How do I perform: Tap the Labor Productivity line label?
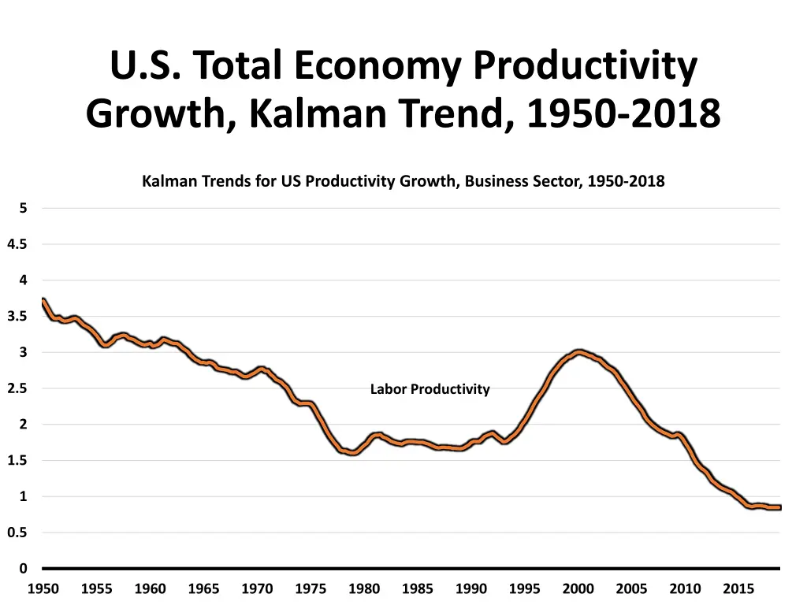pyautogui.click(x=430, y=389)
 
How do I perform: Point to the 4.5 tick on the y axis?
pyautogui.click(x=17, y=244)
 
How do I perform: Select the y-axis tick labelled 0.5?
pyautogui.click(x=17, y=533)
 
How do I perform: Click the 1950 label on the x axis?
pyautogui.click(x=43, y=588)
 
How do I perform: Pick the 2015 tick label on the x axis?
pyautogui.click(x=738, y=588)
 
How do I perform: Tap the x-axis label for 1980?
pyautogui.click(x=364, y=588)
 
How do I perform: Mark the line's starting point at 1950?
pyautogui.click(x=43, y=300)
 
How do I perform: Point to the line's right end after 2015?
pyautogui.click(x=779, y=508)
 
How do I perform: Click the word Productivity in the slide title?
pyautogui.click(x=586, y=67)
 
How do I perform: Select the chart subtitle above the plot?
pyautogui.click(x=403, y=181)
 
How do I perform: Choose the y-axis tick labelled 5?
pyautogui.click(x=23, y=208)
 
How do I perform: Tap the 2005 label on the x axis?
pyautogui.click(x=631, y=588)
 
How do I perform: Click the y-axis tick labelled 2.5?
pyautogui.click(x=17, y=388)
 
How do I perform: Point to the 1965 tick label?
pyautogui.click(x=203, y=588)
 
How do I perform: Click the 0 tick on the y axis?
pyautogui.click(x=23, y=568)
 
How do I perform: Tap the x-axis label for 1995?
pyautogui.click(x=524, y=588)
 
